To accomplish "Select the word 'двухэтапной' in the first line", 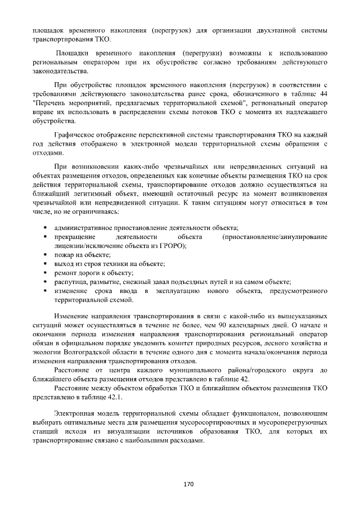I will coord(281,29).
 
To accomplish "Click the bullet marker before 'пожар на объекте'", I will coord(44,255).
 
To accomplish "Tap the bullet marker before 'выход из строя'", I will coord(44,264).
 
